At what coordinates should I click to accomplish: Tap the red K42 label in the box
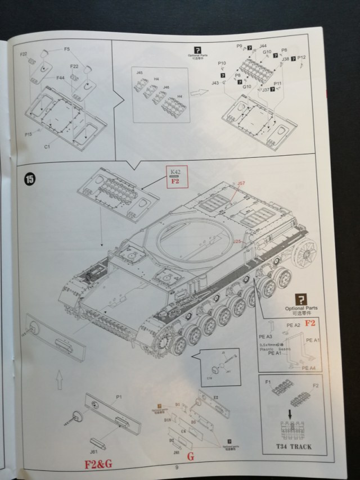[173, 171]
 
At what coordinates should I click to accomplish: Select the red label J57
[241, 183]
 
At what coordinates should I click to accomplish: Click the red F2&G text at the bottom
[98, 464]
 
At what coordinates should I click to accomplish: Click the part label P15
[28, 134]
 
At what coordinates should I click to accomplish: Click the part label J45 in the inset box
[139, 73]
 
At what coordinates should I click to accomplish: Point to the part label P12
[301, 58]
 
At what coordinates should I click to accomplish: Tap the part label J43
[215, 83]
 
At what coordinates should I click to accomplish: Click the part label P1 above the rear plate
[119, 397]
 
